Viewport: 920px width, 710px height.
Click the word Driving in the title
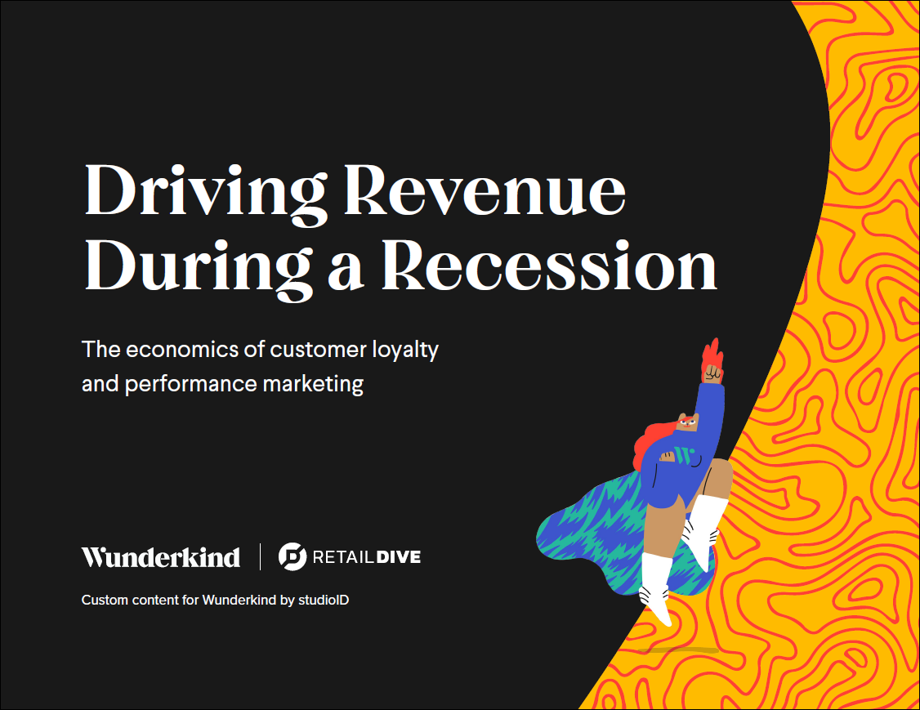206,193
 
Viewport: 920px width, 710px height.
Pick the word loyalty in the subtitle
405,351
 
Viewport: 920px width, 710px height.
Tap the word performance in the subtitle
190,385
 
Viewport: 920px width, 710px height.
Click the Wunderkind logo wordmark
161,557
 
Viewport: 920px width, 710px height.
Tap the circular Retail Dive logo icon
293,556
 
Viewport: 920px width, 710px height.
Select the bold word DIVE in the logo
399,557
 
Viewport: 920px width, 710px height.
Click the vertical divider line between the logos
260,556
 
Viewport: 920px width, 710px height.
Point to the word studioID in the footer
324,601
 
